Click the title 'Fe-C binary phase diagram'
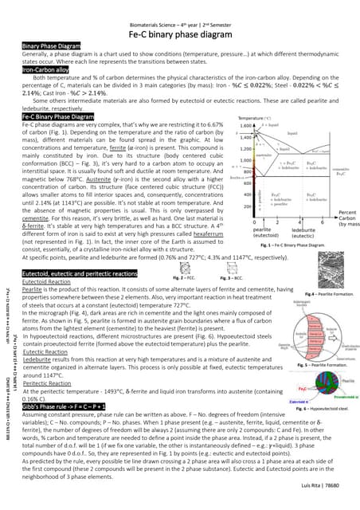179,33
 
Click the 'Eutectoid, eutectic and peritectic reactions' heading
80,273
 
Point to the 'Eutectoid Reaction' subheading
47,281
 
